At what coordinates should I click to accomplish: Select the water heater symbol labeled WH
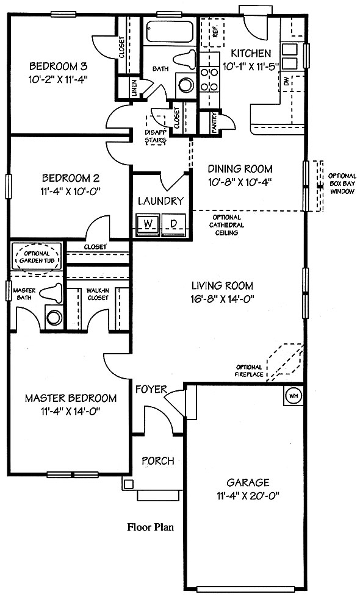(293, 396)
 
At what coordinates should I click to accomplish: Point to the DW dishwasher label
(287, 82)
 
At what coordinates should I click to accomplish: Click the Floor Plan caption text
(150, 527)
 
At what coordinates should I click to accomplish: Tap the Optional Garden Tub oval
(37, 257)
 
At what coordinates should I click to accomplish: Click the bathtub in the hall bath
(170, 32)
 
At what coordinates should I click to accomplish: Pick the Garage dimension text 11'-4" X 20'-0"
(248, 496)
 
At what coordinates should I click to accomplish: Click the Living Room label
(222, 285)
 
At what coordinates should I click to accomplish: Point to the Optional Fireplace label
(249, 371)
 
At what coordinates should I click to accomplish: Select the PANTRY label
(215, 122)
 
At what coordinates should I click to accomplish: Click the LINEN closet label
(134, 88)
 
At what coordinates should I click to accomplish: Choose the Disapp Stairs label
(155, 137)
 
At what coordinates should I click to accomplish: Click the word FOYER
(151, 389)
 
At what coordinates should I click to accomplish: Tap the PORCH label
(158, 460)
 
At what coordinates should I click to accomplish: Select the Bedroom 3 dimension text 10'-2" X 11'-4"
(59, 79)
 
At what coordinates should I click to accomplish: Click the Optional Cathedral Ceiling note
(226, 225)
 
